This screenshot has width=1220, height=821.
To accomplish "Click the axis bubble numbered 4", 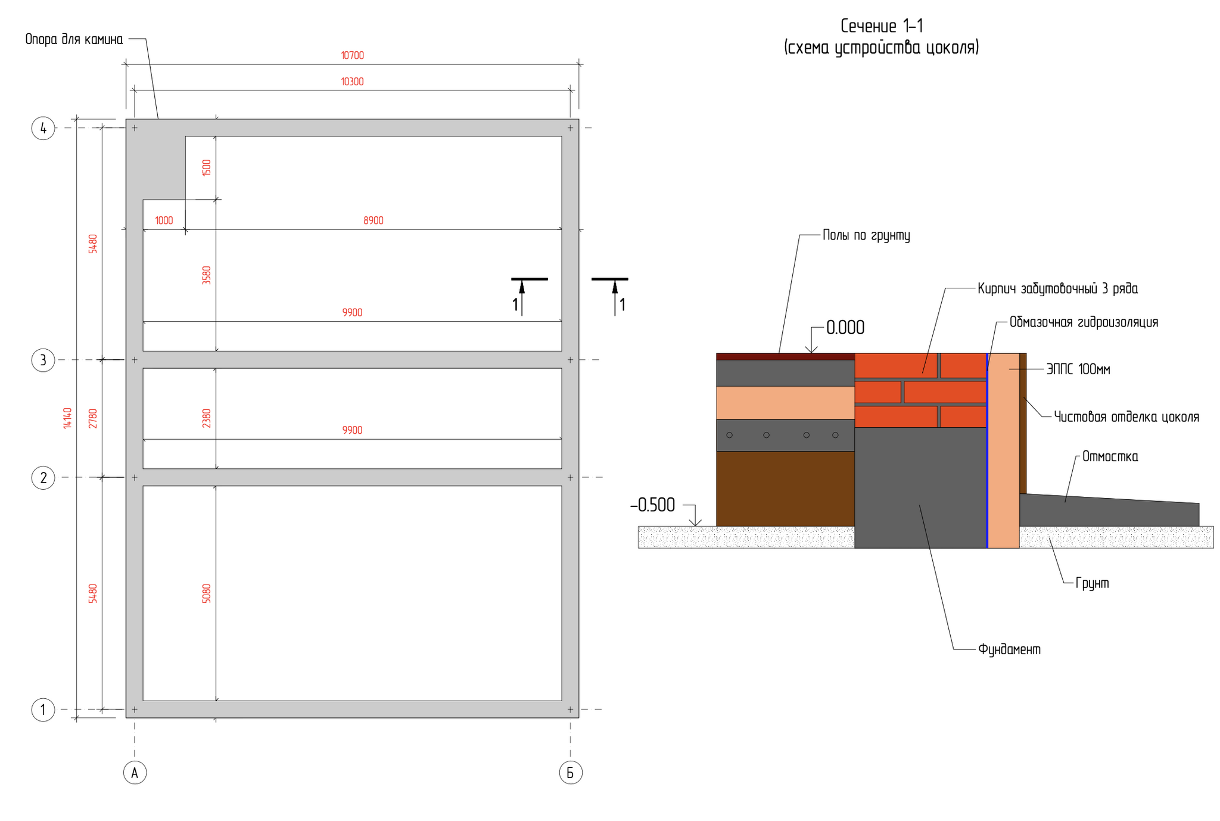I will [x=43, y=128].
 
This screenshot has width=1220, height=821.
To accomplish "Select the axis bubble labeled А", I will [x=135, y=773].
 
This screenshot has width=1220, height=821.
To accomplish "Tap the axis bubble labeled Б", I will [x=570, y=773].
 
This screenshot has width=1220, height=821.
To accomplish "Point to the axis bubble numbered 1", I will [x=43, y=710].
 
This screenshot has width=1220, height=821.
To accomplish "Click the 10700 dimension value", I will [x=352, y=55].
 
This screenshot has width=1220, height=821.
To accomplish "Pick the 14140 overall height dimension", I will [x=67, y=418].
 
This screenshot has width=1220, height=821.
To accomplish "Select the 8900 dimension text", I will [x=374, y=220].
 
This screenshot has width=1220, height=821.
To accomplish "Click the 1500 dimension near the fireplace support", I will [x=207, y=167].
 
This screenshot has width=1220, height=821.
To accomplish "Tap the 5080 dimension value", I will [x=207, y=593].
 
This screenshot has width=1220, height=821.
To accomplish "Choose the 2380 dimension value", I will [x=207, y=418].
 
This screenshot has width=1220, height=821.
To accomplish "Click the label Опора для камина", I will [x=74, y=39].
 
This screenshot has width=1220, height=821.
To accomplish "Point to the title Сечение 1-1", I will [x=882, y=26].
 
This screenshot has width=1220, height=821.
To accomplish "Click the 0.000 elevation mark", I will [x=845, y=328].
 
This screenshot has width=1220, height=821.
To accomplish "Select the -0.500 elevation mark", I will [x=653, y=505].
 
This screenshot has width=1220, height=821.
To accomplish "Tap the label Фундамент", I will [x=1009, y=649].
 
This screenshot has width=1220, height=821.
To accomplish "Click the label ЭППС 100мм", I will [x=1078, y=369].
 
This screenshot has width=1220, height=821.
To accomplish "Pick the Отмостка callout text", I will [x=1110, y=457].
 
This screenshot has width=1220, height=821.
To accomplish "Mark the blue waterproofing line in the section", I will [x=987, y=453].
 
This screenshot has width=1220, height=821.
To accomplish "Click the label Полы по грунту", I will [x=866, y=235].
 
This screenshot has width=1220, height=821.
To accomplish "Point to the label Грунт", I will [x=1093, y=583].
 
